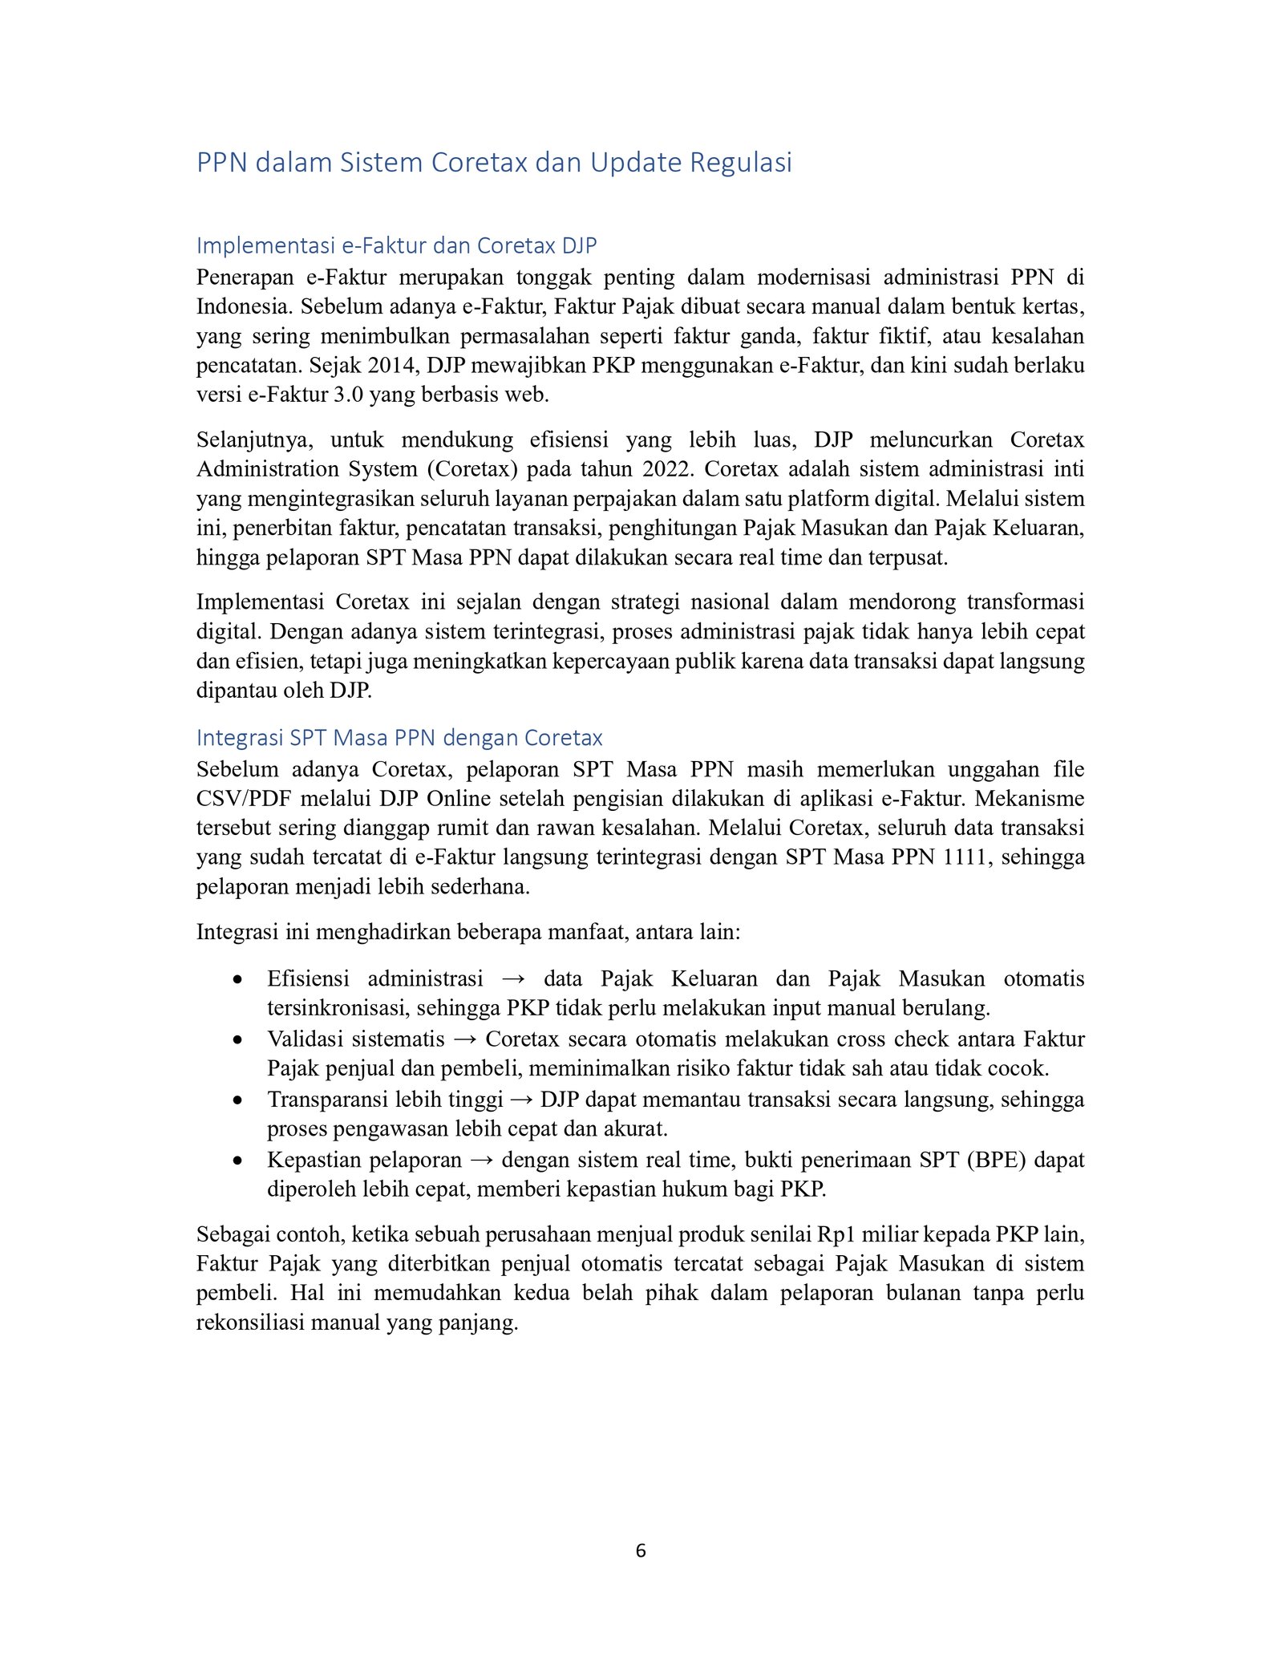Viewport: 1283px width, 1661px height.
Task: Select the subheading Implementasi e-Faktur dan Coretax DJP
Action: coord(396,245)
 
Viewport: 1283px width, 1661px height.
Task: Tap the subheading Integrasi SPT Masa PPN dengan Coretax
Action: coord(399,737)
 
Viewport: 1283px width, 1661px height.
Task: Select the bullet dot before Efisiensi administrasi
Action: coord(237,979)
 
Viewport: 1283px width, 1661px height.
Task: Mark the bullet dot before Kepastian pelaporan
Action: coord(237,1161)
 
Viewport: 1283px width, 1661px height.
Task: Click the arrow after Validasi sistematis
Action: coord(465,1039)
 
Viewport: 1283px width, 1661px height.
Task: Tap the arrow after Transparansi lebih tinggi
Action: coord(521,1100)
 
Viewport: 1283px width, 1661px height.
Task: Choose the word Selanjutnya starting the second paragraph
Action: coord(254,440)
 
